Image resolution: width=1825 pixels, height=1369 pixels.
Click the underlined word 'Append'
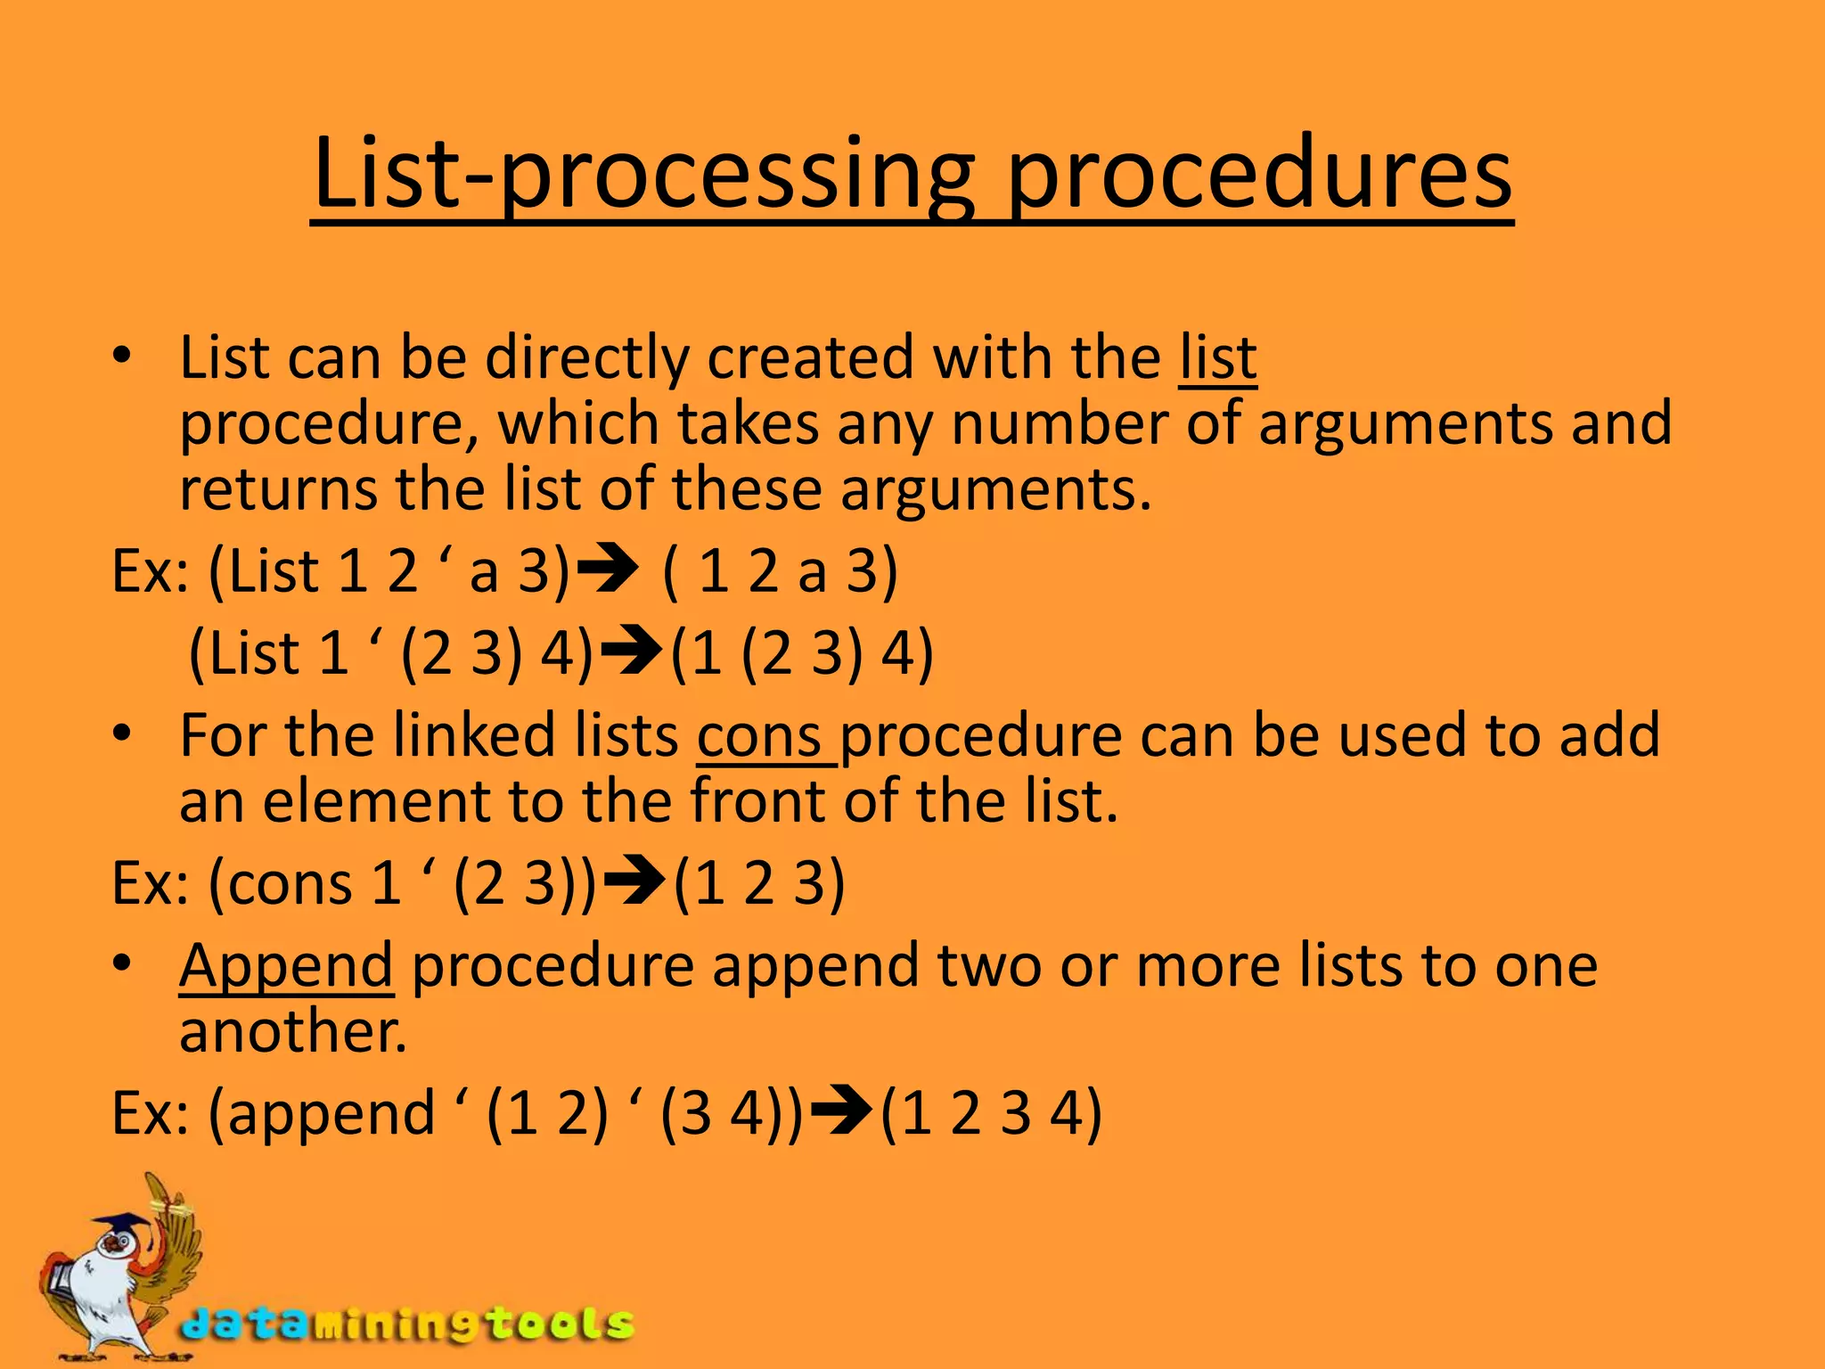click(286, 965)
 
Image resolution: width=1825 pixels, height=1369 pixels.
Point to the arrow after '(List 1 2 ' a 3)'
click(609, 570)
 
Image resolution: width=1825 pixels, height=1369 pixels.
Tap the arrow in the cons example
click(634, 883)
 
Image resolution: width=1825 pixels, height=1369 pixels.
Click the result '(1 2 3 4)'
click(991, 1113)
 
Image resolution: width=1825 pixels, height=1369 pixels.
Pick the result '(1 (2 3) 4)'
click(802, 653)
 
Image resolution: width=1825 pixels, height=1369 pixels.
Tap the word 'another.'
click(293, 1032)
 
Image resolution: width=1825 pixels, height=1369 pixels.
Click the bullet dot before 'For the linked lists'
click(122, 736)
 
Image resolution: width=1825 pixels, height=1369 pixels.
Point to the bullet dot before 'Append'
click(122, 965)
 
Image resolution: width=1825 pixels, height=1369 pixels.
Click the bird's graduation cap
click(120, 1226)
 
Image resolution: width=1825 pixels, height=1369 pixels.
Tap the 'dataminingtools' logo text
click(406, 1324)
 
